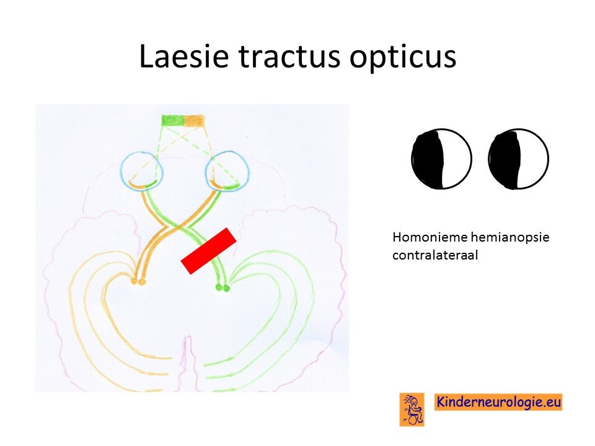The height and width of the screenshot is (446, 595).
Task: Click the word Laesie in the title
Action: click(x=184, y=56)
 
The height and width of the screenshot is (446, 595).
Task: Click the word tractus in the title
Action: click(x=289, y=56)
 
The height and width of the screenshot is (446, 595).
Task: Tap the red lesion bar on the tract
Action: click(x=209, y=251)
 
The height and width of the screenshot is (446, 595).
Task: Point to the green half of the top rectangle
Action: click(x=173, y=120)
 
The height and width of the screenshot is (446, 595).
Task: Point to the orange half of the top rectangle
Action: click(x=194, y=120)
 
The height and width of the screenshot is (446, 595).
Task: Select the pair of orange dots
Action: click(x=138, y=281)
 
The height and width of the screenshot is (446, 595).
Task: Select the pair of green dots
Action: click(x=223, y=288)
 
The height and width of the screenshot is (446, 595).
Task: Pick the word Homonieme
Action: click(x=430, y=237)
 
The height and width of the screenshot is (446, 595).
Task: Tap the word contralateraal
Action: click(x=435, y=255)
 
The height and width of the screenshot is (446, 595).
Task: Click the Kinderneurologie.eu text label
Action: click(x=498, y=401)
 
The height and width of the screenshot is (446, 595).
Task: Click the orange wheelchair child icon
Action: click(x=412, y=409)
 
